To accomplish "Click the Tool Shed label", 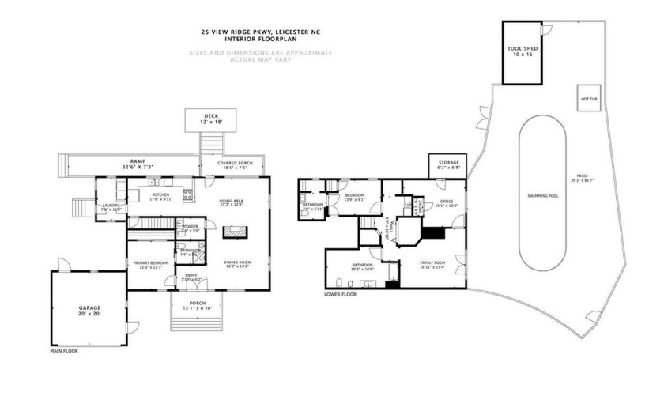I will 522,49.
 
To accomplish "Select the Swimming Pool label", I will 542,194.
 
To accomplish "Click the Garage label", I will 89,308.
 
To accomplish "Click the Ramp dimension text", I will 116,168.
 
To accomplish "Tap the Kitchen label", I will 161,194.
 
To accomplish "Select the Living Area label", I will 231,202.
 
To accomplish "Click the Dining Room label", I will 238,262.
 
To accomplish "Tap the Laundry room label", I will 111,206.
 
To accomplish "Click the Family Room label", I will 432,263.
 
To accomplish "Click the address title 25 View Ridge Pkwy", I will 261,32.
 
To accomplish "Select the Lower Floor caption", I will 340,294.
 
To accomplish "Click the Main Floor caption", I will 65,350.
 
